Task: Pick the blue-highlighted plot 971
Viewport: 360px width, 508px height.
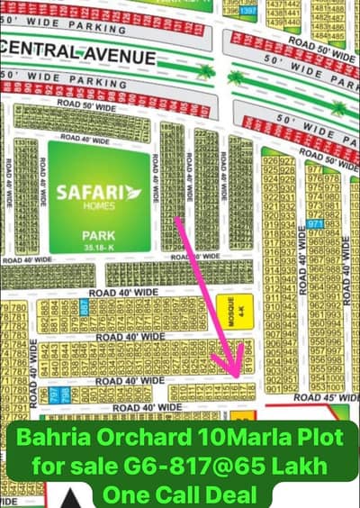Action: [x=314, y=223]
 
